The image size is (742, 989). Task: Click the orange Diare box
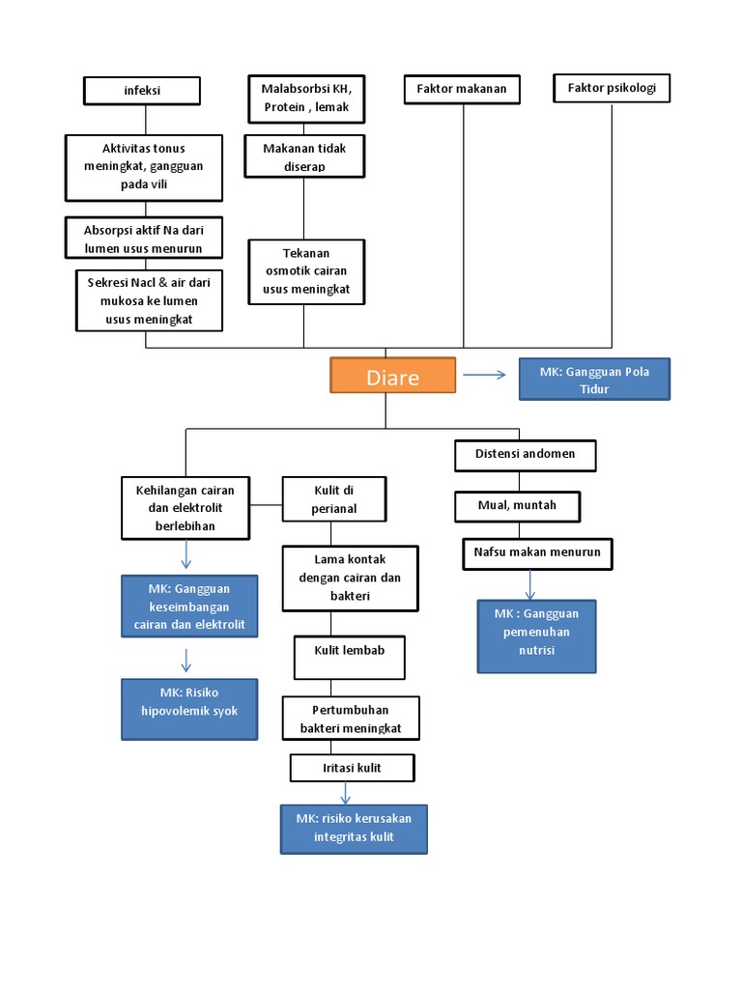coord(392,376)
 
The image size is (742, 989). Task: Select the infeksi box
coord(143,91)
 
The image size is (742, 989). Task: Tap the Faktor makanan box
coord(462,90)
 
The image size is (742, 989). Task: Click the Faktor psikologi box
coord(612,89)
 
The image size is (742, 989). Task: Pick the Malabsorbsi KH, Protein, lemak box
coord(305,98)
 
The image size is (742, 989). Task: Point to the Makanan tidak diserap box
coord(304,157)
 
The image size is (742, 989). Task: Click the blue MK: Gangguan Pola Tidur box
coord(594,379)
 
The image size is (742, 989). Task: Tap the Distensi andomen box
coord(526,455)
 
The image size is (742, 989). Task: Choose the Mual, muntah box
coord(518,505)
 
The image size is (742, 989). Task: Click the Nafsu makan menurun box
coord(537,553)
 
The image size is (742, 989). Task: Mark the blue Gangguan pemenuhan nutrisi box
coord(536,636)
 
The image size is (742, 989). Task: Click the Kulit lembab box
coord(349,657)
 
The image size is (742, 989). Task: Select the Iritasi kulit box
coord(353,768)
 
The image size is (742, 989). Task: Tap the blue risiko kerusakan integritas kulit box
coord(354,829)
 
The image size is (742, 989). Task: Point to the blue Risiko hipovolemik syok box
coord(189,709)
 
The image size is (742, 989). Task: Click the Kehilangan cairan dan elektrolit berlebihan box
coord(185,507)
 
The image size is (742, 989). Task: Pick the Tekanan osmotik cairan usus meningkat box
coord(306,271)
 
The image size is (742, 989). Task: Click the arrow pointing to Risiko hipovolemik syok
coord(186,661)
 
